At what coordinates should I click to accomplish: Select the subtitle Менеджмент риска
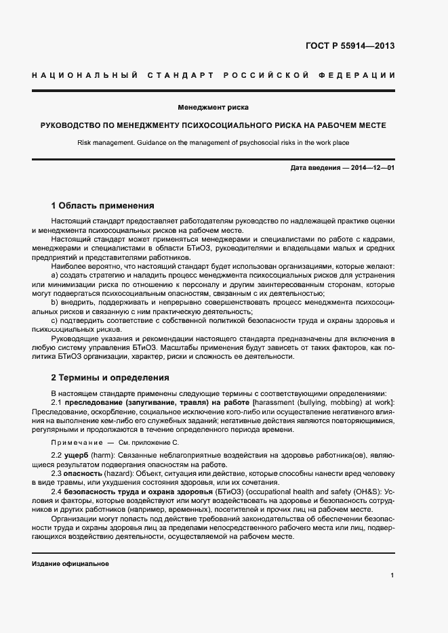pos(213,107)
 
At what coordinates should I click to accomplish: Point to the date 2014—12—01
pos(373,167)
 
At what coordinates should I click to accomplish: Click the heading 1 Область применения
pos(103,206)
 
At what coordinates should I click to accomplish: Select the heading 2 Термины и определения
pos(110,378)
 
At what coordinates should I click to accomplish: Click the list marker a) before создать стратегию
pos(55,276)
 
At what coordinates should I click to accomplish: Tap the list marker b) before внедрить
pos(55,302)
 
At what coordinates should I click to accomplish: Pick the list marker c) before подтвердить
pos(55,320)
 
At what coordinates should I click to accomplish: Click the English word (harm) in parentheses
pos(102,457)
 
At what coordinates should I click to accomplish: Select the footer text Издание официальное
pos(70,563)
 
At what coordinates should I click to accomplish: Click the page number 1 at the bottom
pos(392,576)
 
